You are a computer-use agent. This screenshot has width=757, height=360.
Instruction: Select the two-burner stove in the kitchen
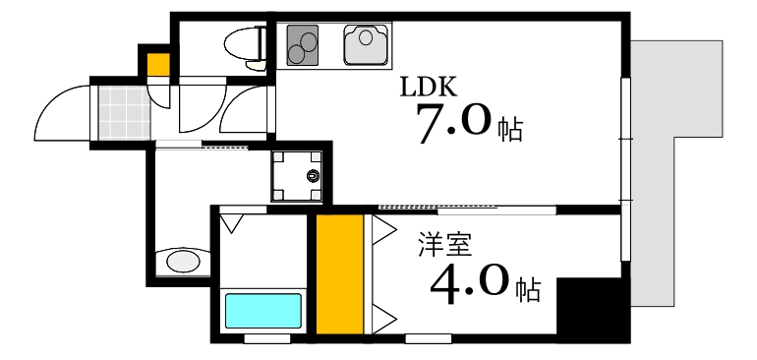tap(305, 45)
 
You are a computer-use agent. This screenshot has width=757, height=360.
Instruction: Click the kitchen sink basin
tap(367, 45)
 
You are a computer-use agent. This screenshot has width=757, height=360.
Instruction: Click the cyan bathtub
tap(262, 312)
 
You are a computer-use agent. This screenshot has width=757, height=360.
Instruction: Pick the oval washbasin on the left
tap(183, 262)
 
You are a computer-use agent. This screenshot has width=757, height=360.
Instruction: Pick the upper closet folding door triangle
tap(381, 232)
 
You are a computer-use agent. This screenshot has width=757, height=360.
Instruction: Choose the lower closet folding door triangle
tap(381, 317)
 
